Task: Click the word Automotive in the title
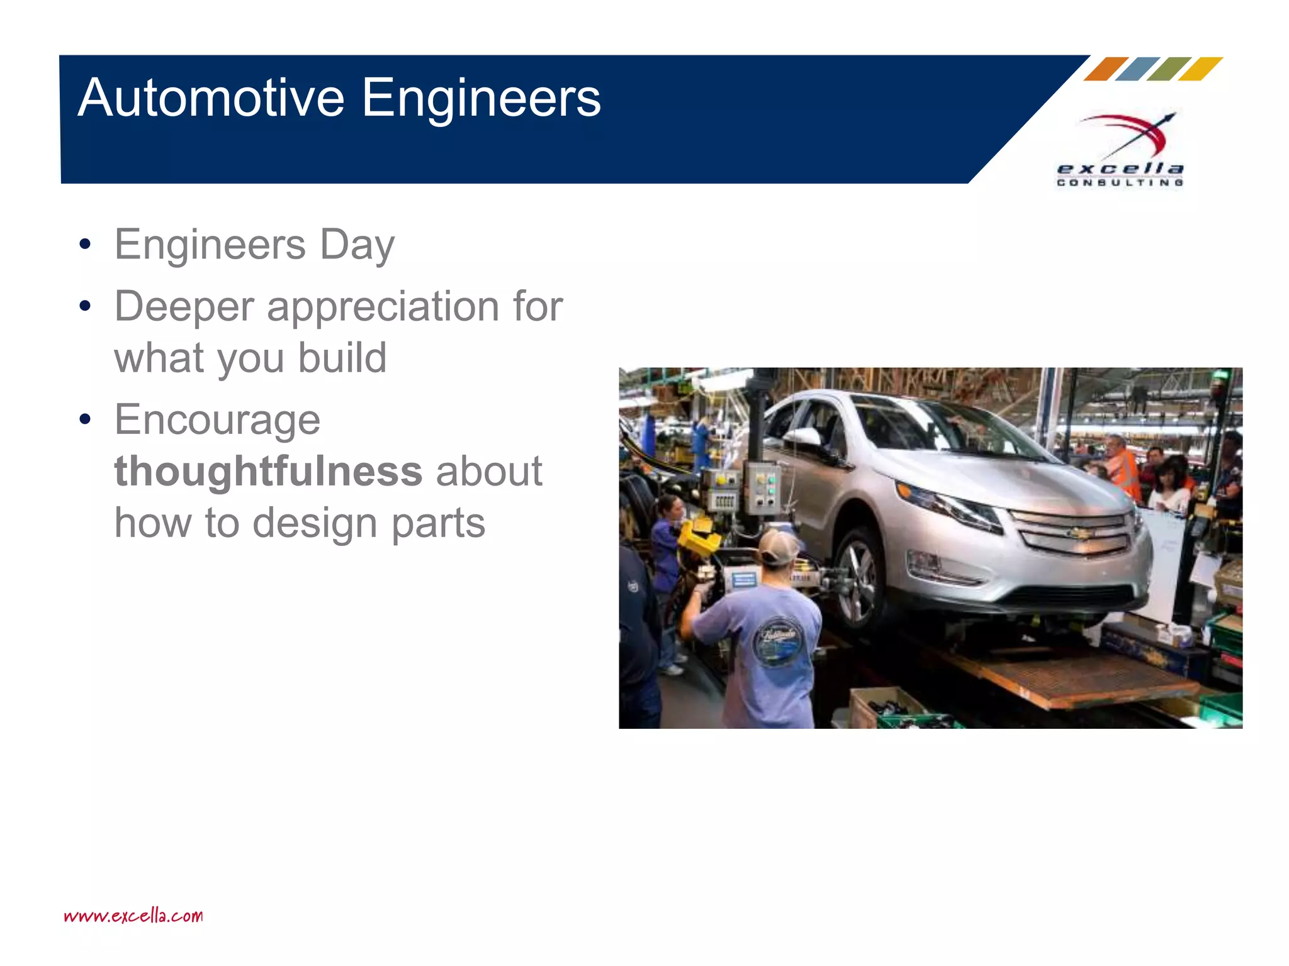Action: point(211,98)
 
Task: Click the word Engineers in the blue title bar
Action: point(481,98)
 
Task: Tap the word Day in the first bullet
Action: point(357,245)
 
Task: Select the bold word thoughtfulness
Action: point(268,472)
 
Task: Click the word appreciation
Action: point(383,307)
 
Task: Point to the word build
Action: point(342,358)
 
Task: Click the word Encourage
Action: point(217,420)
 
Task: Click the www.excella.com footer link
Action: point(133,915)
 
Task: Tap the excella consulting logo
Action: point(1120,151)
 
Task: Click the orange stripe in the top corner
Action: point(1106,69)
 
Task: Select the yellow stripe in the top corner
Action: point(1200,69)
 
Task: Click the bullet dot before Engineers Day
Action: point(85,245)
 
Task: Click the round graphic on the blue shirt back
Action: point(775,641)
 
